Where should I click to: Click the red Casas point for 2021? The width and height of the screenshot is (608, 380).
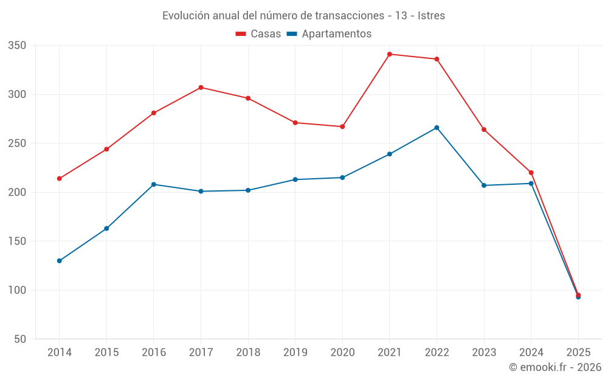[390, 54]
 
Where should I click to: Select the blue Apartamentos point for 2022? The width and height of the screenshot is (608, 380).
[437, 128]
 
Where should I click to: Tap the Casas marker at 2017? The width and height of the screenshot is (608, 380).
[201, 88]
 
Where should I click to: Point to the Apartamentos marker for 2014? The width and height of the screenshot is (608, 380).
[60, 261]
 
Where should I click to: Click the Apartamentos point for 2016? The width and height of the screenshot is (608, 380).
[154, 184]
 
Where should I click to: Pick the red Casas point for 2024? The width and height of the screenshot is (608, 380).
[531, 173]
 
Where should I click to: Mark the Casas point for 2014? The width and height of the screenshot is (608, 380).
[60, 179]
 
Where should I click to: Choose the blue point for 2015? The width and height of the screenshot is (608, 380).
[106, 229]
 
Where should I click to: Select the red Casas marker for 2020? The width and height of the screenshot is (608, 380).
[342, 126]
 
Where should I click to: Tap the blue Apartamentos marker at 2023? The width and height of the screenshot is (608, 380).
[484, 185]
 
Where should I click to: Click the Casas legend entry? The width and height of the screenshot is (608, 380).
[258, 34]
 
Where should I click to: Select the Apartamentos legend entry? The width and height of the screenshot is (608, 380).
[329, 34]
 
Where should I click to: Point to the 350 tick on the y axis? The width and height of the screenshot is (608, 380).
[18, 46]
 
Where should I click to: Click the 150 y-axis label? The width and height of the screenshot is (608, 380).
[18, 241]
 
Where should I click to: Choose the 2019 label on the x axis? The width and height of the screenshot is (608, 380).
[295, 352]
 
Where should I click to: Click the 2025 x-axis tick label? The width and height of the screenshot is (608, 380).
[578, 352]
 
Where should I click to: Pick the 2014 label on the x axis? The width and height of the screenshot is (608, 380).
[60, 352]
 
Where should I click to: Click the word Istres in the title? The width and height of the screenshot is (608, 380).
[431, 15]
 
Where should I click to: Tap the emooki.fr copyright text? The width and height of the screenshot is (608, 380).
[555, 367]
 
